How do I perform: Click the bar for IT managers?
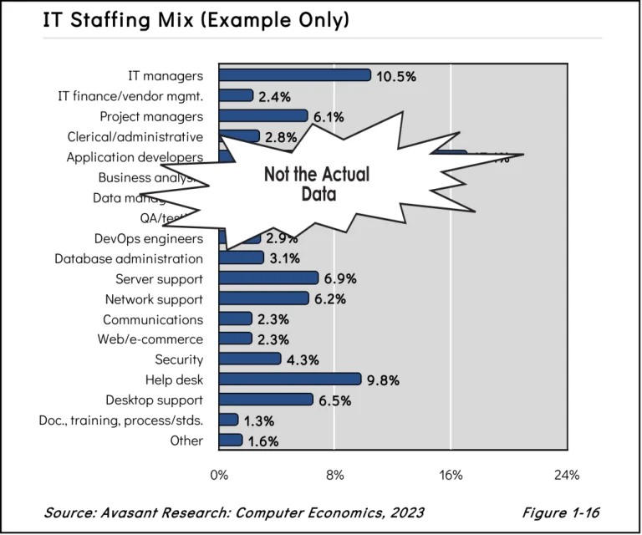pos(294,75)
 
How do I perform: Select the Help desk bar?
pos(290,380)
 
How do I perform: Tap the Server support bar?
pos(268,278)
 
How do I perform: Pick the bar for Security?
pos(250,359)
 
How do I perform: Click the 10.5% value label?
pos(396,76)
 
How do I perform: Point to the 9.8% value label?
pos(383,380)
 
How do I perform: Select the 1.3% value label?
pos(259,421)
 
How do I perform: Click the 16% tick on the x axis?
pos(451,475)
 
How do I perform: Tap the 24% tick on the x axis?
pos(567,475)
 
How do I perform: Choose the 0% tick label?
pos(219,475)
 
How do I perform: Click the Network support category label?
pos(154,298)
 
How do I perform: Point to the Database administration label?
pos(129,258)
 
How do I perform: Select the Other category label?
pos(186,441)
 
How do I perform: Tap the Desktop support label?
pos(154,400)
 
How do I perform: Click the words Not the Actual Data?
pos(317,185)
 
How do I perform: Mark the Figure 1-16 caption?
pos(561,512)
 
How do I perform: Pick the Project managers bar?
pos(263,116)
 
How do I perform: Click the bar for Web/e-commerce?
pos(235,339)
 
